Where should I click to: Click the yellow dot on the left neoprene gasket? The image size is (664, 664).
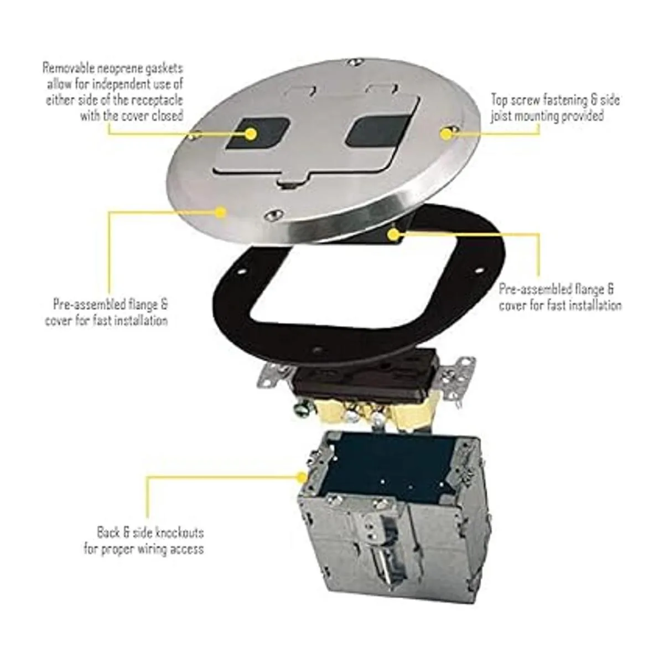click(x=252, y=134)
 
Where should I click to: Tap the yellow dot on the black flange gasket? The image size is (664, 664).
click(x=393, y=235)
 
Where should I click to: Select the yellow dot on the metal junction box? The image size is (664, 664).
click(x=302, y=477)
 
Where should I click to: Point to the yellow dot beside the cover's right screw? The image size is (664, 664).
click(x=447, y=134)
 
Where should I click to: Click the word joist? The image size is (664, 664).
click(x=500, y=116)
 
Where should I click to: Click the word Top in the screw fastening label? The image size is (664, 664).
click(x=498, y=100)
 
